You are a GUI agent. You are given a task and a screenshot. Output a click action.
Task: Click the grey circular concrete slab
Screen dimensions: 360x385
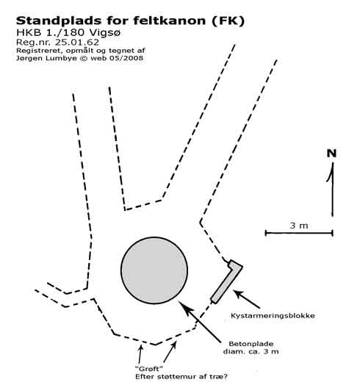(154, 270)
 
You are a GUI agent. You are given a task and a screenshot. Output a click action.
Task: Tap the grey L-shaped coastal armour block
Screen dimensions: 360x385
(226, 283)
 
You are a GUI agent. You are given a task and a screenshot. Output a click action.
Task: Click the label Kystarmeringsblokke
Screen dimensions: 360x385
(273, 315)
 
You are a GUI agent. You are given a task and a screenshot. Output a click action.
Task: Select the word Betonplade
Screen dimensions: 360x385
(251, 344)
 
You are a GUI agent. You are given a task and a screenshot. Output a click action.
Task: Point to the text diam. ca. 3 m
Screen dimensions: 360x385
(251, 351)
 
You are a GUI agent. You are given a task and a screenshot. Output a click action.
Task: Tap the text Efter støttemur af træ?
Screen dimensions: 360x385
(181, 376)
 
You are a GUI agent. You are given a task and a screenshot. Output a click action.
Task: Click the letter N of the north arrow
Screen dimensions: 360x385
(331, 154)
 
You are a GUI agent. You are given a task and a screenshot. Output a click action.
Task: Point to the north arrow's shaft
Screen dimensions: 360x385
(333, 190)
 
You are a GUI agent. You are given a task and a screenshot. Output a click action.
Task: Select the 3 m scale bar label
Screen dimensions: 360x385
(299, 226)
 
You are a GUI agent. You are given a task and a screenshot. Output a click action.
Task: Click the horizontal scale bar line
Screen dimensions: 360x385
(299, 233)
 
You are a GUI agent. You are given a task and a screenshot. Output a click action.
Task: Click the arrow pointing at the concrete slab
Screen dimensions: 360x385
(199, 321)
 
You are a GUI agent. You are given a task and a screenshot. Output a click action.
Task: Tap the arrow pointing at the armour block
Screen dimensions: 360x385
(246, 299)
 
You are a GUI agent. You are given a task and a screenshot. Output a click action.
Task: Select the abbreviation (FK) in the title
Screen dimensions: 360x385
(228, 21)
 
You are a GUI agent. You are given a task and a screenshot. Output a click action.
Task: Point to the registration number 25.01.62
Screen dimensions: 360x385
(77, 42)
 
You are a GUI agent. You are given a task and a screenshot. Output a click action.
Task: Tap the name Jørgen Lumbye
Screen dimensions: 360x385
(46, 59)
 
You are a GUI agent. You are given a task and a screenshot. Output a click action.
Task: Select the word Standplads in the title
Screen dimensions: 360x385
(59, 21)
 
